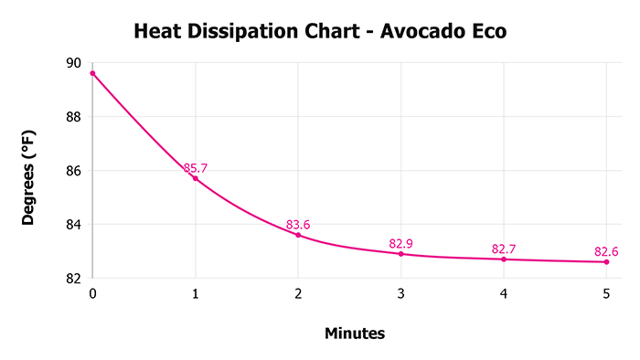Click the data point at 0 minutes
[92, 73]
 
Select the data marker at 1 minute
[195, 178]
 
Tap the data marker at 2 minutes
[298, 235]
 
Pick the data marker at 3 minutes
[400, 253]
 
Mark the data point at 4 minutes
[504, 259]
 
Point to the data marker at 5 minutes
[606, 261]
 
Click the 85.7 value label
[196, 168]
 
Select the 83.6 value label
[299, 225]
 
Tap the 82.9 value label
[401, 243]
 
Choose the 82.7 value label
[505, 249]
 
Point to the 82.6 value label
[607, 251]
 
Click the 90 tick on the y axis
[72, 63]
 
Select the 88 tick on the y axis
[72, 117]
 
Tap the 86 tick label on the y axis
[72, 171]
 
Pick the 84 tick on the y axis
[72, 225]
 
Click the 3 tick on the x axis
[400, 294]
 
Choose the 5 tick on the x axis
[606, 294]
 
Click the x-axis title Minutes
[355, 334]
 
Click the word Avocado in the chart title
[415, 32]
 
